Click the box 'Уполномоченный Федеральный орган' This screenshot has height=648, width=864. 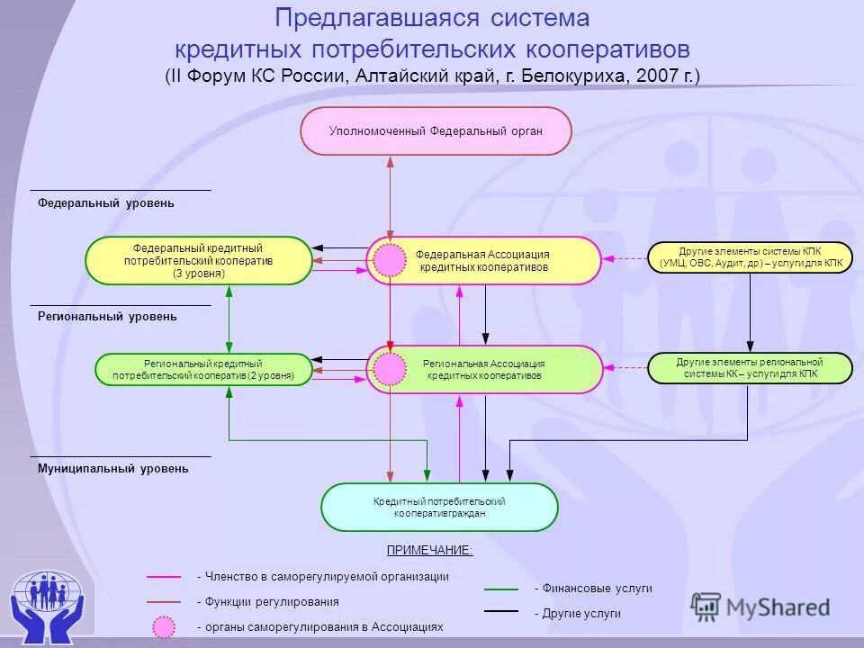point(436,131)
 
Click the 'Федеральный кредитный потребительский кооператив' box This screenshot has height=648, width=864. point(198,261)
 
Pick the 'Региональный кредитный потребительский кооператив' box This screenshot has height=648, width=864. point(206,369)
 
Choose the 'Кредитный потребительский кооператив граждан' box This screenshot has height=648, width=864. point(439,507)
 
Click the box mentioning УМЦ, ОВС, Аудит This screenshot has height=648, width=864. point(750,257)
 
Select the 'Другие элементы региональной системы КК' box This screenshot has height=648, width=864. point(750,368)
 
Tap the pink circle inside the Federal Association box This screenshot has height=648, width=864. point(390,260)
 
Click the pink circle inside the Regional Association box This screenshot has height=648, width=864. point(390,369)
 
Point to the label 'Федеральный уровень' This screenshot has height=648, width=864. point(106,203)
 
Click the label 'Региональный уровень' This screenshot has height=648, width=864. point(107,317)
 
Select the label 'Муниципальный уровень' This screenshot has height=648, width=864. point(113,469)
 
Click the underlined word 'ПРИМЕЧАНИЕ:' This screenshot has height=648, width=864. point(429,550)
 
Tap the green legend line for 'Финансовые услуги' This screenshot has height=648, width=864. point(501,589)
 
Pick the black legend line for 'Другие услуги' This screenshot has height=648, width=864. point(501,611)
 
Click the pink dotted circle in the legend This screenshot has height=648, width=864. point(164,626)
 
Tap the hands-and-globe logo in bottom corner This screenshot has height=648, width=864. point(46,603)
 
